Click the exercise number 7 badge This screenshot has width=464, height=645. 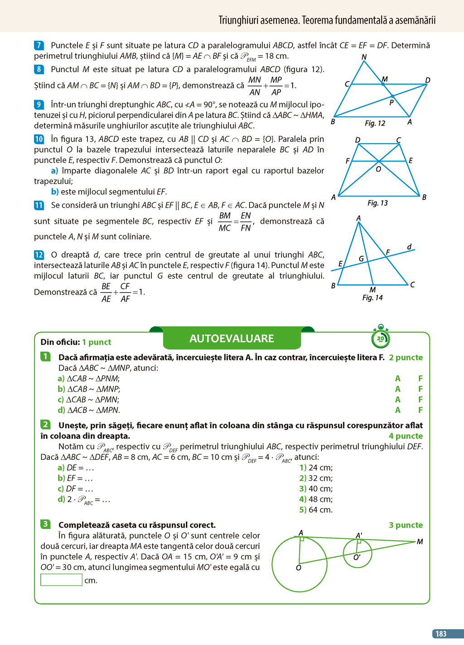tap(39, 45)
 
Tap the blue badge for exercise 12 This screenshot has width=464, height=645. tap(39, 255)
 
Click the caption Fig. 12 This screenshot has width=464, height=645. tap(375, 123)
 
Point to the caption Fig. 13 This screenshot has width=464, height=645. tap(377, 203)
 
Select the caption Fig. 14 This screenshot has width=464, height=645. tap(372, 298)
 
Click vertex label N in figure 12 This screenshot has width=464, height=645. tap(364, 57)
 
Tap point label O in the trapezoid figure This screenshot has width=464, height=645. tap(378, 169)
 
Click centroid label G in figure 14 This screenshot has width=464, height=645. tap(361, 259)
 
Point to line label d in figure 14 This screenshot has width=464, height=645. tap(409, 247)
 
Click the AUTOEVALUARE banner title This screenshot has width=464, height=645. tap(232, 338)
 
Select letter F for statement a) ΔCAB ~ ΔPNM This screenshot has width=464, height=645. tap(420, 379)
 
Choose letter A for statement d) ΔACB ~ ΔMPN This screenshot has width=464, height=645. tap(397, 410)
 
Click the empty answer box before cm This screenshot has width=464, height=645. tap(61, 580)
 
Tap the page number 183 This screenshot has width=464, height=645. tap(441, 634)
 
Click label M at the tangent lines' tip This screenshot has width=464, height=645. tap(420, 542)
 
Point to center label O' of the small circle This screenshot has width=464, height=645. tap(357, 558)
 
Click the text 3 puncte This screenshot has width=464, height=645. tap(406, 525)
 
